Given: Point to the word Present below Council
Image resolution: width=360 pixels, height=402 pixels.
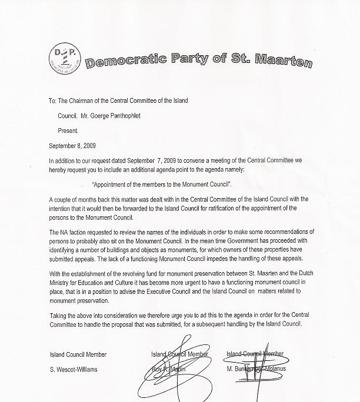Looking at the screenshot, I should tap(68, 130).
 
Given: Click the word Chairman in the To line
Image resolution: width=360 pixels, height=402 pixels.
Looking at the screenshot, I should tap(82, 101).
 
